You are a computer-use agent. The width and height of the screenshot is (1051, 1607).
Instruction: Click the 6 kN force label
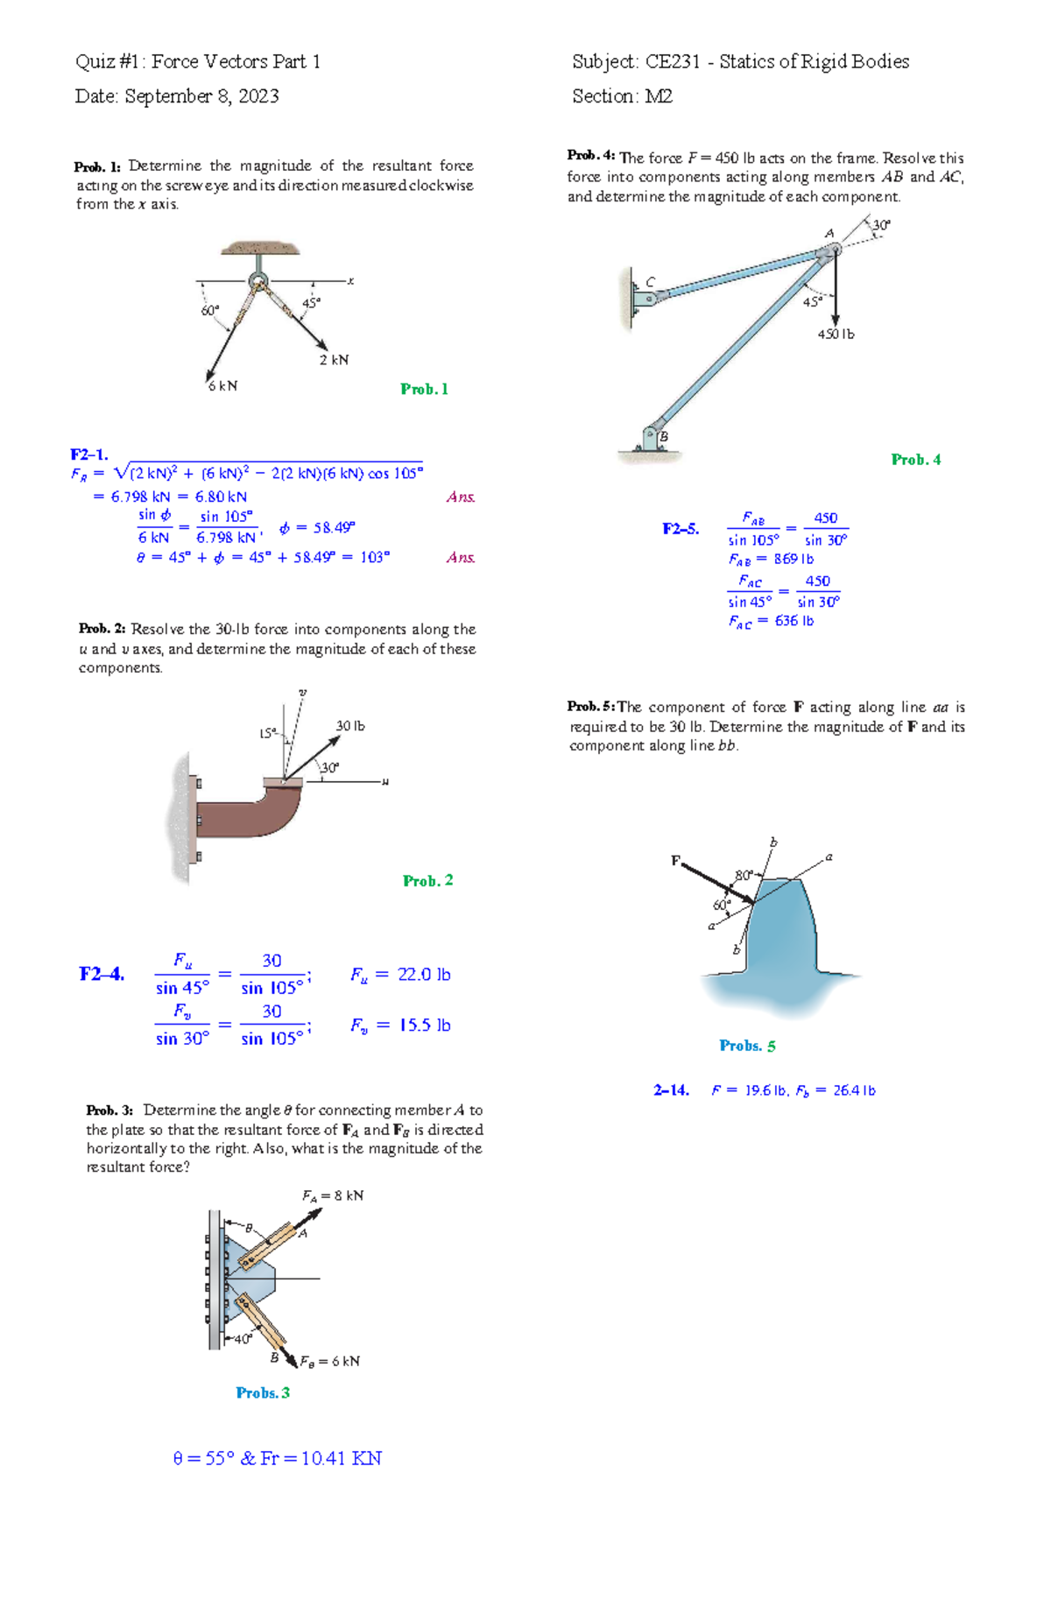[222, 385]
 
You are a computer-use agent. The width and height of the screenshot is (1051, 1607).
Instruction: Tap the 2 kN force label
[334, 360]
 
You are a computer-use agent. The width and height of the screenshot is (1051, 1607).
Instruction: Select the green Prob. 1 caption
[424, 389]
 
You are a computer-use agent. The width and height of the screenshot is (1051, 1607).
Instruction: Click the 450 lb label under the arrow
[836, 335]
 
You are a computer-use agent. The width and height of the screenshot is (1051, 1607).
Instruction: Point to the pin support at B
[652, 437]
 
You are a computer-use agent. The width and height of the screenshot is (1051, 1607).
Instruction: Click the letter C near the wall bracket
[650, 282]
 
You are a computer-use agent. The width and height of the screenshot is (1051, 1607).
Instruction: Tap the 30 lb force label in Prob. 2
[350, 726]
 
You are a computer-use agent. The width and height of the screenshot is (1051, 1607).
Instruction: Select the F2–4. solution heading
[102, 974]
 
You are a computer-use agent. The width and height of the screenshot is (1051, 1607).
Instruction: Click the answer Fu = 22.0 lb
[400, 975]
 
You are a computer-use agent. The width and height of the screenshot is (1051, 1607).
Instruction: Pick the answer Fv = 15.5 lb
[400, 1026]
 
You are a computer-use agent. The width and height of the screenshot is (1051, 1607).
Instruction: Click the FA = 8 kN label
[332, 1196]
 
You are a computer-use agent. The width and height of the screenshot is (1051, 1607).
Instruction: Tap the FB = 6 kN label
[329, 1362]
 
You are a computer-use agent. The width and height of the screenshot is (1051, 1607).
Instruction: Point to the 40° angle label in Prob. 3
[243, 1339]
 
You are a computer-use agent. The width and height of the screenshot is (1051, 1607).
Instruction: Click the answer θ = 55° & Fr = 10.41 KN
[277, 1458]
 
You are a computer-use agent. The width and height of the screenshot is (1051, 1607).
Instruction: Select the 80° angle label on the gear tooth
[744, 875]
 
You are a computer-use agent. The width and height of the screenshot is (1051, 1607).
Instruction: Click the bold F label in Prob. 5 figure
[675, 861]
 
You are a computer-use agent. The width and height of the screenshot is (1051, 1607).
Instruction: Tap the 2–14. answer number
[671, 1090]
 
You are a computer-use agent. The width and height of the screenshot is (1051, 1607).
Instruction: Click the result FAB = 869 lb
[771, 559]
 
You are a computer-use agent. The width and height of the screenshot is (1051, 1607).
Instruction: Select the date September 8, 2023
[201, 96]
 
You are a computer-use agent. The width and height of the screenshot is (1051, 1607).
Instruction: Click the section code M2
[659, 96]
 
